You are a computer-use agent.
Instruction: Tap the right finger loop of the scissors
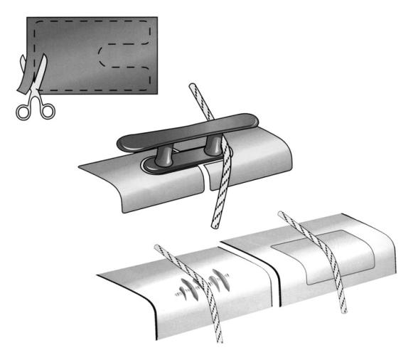[47, 109]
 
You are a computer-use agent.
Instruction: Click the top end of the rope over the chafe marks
[158, 247]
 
